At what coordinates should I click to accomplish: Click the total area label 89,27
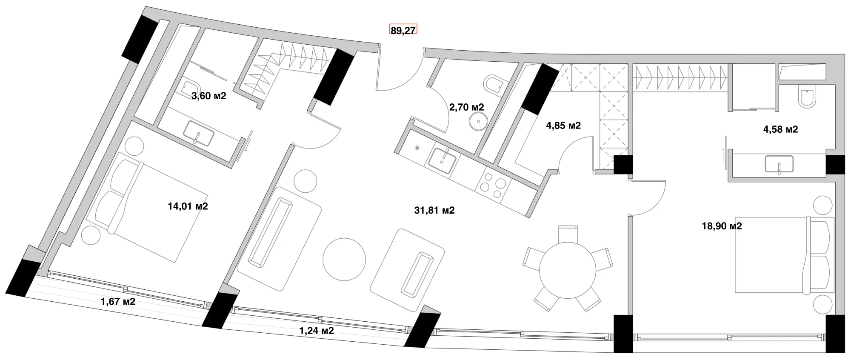point(403,30)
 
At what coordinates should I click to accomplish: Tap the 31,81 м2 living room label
point(434,210)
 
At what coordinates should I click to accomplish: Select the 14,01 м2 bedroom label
point(188,206)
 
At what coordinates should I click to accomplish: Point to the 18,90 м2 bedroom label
point(722,226)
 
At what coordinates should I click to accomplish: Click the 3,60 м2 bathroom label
point(208,96)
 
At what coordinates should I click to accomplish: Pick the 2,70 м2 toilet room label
point(466,107)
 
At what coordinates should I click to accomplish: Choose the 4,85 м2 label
point(563,126)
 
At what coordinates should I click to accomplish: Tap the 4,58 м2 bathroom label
point(780,129)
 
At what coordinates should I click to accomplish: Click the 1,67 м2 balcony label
point(118,302)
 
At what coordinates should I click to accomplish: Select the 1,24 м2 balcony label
point(316,331)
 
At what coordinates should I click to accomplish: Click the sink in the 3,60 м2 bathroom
point(198,133)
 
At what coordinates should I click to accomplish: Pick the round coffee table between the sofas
point(344,259)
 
